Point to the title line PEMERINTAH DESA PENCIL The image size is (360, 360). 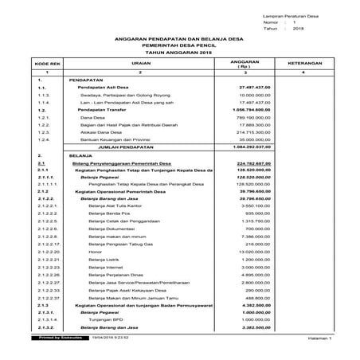pyautogui.click(x=179, y=45)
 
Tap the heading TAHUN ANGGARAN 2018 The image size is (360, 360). pyautogui.click(x=179, y=53)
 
